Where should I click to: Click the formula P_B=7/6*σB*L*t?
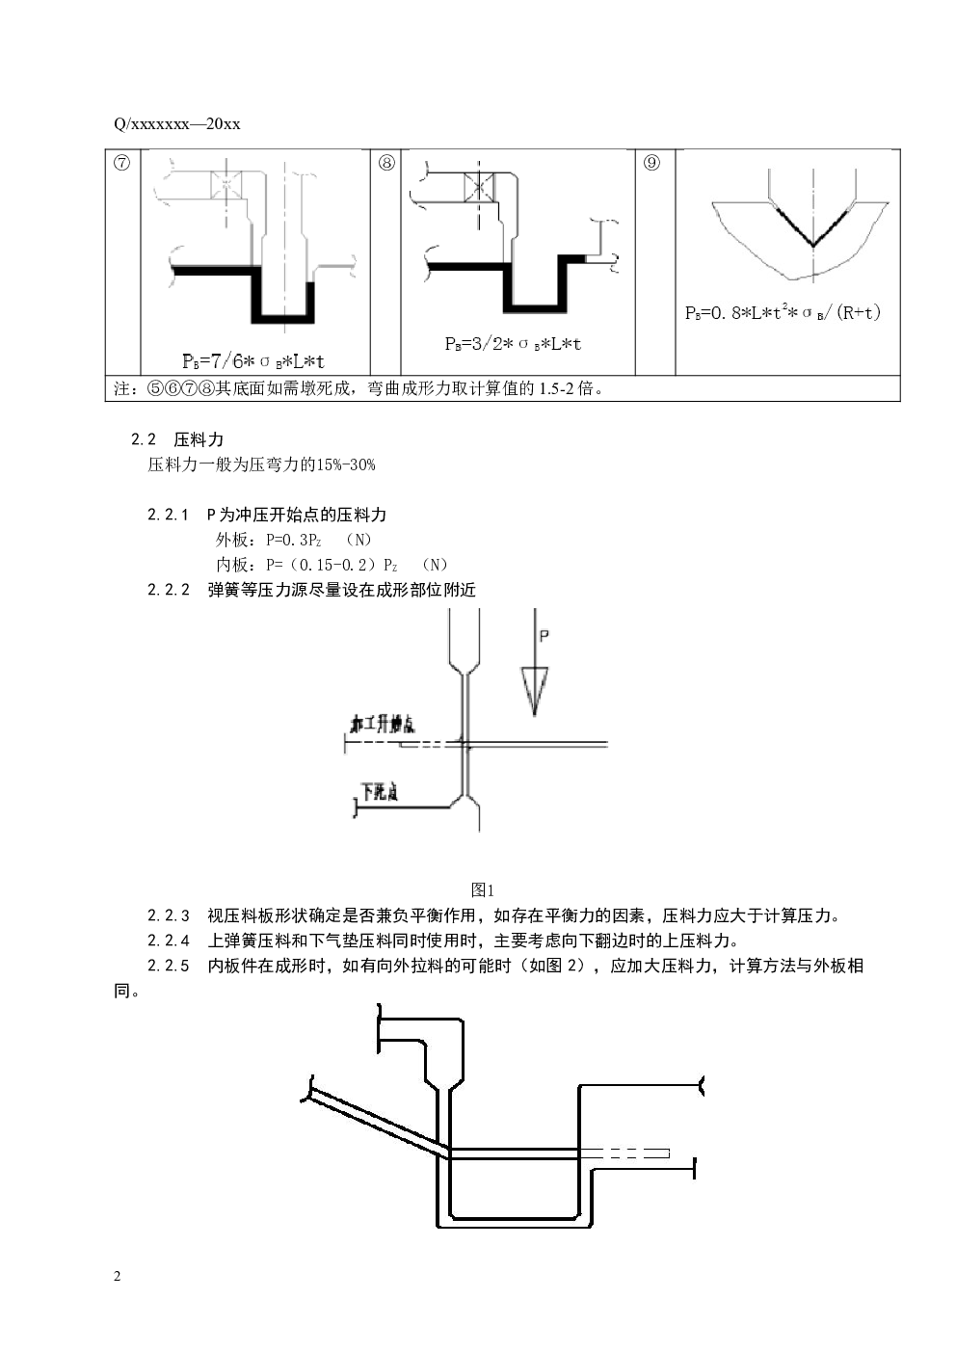tap(254, 361)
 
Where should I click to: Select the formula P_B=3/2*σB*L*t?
tap(514, 343)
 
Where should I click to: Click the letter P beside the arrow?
tap(544, 636)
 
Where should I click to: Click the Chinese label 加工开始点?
tap(383, 724)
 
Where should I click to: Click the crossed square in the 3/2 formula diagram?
tap(479, 187)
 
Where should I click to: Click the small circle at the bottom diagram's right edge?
tap(704, 1086)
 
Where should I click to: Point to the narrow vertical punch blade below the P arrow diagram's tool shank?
tap(465, 732)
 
